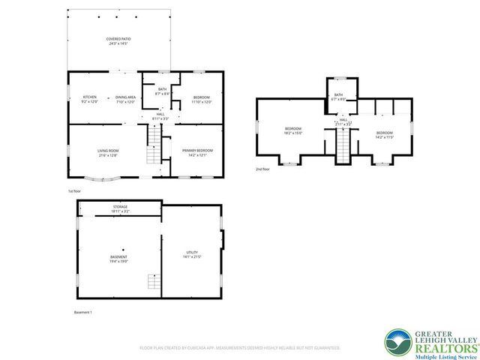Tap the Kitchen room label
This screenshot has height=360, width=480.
point(90,99)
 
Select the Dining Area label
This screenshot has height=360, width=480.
point(125,99)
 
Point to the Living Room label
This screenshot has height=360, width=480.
point(108,154)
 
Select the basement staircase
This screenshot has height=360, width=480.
point(152,283)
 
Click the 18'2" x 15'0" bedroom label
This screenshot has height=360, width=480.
point(292,131)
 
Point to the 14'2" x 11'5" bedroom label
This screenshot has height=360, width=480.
point(384,135)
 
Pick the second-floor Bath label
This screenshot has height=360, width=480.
point(338,97)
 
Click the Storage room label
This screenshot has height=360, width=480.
point(120,208)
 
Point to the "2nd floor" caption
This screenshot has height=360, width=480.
point(262,169)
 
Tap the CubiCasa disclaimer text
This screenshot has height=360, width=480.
point(239,348)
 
